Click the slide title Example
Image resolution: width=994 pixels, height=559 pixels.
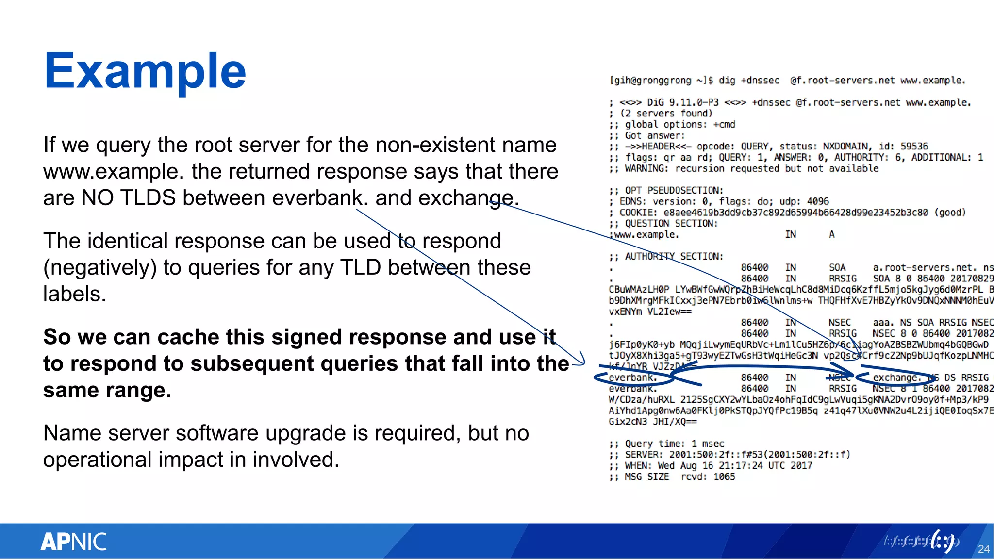145,71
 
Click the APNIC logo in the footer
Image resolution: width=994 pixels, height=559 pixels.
73,542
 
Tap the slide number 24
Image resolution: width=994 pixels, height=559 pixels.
983,549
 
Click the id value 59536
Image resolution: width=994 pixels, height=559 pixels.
914,147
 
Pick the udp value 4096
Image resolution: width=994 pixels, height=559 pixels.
818,201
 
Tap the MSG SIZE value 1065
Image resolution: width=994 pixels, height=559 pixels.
724,477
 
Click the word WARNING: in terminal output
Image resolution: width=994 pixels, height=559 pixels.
646,168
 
